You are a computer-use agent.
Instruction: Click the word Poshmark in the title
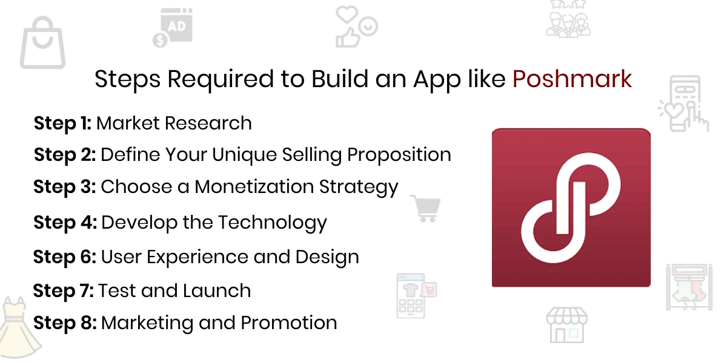[572, 79]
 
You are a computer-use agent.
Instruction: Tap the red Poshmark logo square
[571, 208]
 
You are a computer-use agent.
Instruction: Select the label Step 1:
[62, 123]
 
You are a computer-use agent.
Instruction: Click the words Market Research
[174, 123]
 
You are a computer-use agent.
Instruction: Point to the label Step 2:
[65, 155]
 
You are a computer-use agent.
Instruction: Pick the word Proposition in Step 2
[399, 155]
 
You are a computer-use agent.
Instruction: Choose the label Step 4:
[65, 223]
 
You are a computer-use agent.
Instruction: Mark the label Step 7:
[64, 291]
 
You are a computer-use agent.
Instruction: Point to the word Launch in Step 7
[217, 291]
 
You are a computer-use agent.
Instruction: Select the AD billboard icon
[173, 28]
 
